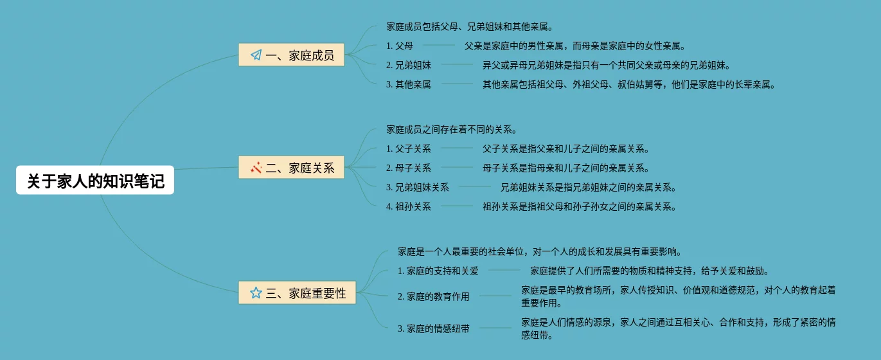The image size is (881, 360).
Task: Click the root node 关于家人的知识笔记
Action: click(x=95, y=182)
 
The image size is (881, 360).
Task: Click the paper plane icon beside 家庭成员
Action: click(x=256, y=55)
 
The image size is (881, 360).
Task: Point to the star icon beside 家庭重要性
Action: click(x=256, y=293)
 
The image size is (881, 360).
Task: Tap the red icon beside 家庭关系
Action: click(x=256, y=168)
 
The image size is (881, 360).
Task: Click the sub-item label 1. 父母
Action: click(x=400, y=46)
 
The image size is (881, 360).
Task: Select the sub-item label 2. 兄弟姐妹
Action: click(x=409, y=65)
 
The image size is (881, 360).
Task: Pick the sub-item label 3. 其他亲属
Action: click(x=409, y=84)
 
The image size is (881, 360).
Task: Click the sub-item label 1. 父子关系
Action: click(x=409, y=149)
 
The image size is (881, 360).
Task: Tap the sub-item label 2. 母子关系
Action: click(x=409, y=168)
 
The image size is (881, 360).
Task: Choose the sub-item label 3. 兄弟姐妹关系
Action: click(x=418, y=188)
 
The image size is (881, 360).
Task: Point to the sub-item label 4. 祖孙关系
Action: click(x=409, y=207)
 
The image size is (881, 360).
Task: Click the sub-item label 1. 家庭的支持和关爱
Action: click(x=438, y=271)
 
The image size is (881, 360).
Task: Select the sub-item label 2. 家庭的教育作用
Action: click(x=434, y=297)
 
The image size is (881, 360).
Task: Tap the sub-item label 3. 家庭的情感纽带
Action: click(x=434, y=328)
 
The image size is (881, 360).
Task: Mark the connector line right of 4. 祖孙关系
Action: click(x=457, y=206)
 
